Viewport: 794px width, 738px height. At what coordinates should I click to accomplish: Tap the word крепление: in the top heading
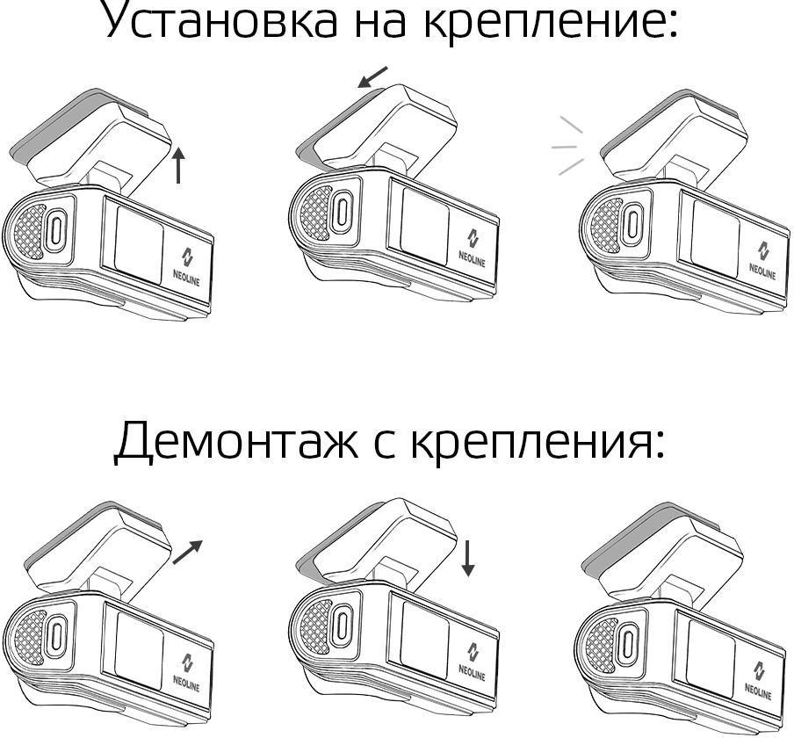click(550, 21)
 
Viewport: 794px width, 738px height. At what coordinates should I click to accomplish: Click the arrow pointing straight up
click(179, 165)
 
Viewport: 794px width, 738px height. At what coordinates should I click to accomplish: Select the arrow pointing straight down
click(468, 558)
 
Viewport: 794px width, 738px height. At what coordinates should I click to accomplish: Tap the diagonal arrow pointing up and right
click(188, 552)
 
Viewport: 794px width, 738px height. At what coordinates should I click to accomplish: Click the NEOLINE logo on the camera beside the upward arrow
click(187, 264)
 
